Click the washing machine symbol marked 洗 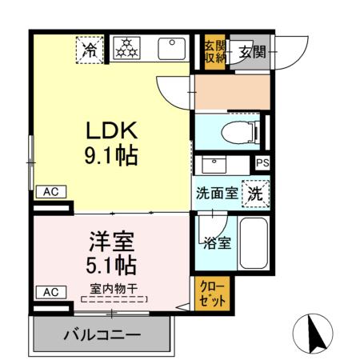pos(254,193)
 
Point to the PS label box pos(262,163)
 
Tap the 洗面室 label pos(215,194)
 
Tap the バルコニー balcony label pos(102,334)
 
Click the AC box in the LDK pos(50,192)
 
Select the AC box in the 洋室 pos(50,292)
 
